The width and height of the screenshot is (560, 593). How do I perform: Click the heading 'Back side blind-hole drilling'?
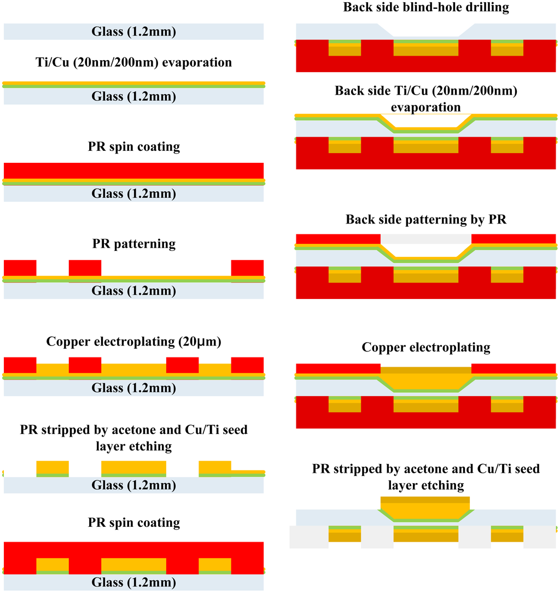(x=426, y=7)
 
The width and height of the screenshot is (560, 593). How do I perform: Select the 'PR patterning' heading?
(x=133, y=243)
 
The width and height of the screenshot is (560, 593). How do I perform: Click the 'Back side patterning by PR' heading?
(x=426, y=220)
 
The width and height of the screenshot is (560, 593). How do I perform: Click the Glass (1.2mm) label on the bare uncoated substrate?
(x=133, y=32)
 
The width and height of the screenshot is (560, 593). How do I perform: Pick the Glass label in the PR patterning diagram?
(x=133, y=291)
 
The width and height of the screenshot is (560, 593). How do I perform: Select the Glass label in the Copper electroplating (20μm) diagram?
(x=133, y=388)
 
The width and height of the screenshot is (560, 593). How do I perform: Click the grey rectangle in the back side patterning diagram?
(x=425, y=239)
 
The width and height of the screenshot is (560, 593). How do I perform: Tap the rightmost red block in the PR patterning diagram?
(x=247, y=268)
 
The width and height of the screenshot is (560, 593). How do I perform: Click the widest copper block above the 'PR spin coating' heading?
(x=133, y=468)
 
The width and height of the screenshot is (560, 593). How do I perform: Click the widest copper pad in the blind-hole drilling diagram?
(x=425, y=50)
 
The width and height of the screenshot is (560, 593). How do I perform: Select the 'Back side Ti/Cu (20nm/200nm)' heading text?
(x=426, y=91)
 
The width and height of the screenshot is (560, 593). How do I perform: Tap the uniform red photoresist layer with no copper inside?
(x=133, y=171)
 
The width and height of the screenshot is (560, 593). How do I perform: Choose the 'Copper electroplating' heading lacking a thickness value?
(x=426, y=348)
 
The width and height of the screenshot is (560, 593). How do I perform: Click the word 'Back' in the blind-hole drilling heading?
(x=357, y=7)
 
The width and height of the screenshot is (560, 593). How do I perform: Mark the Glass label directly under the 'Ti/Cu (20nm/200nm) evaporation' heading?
(x=133, y=97)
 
